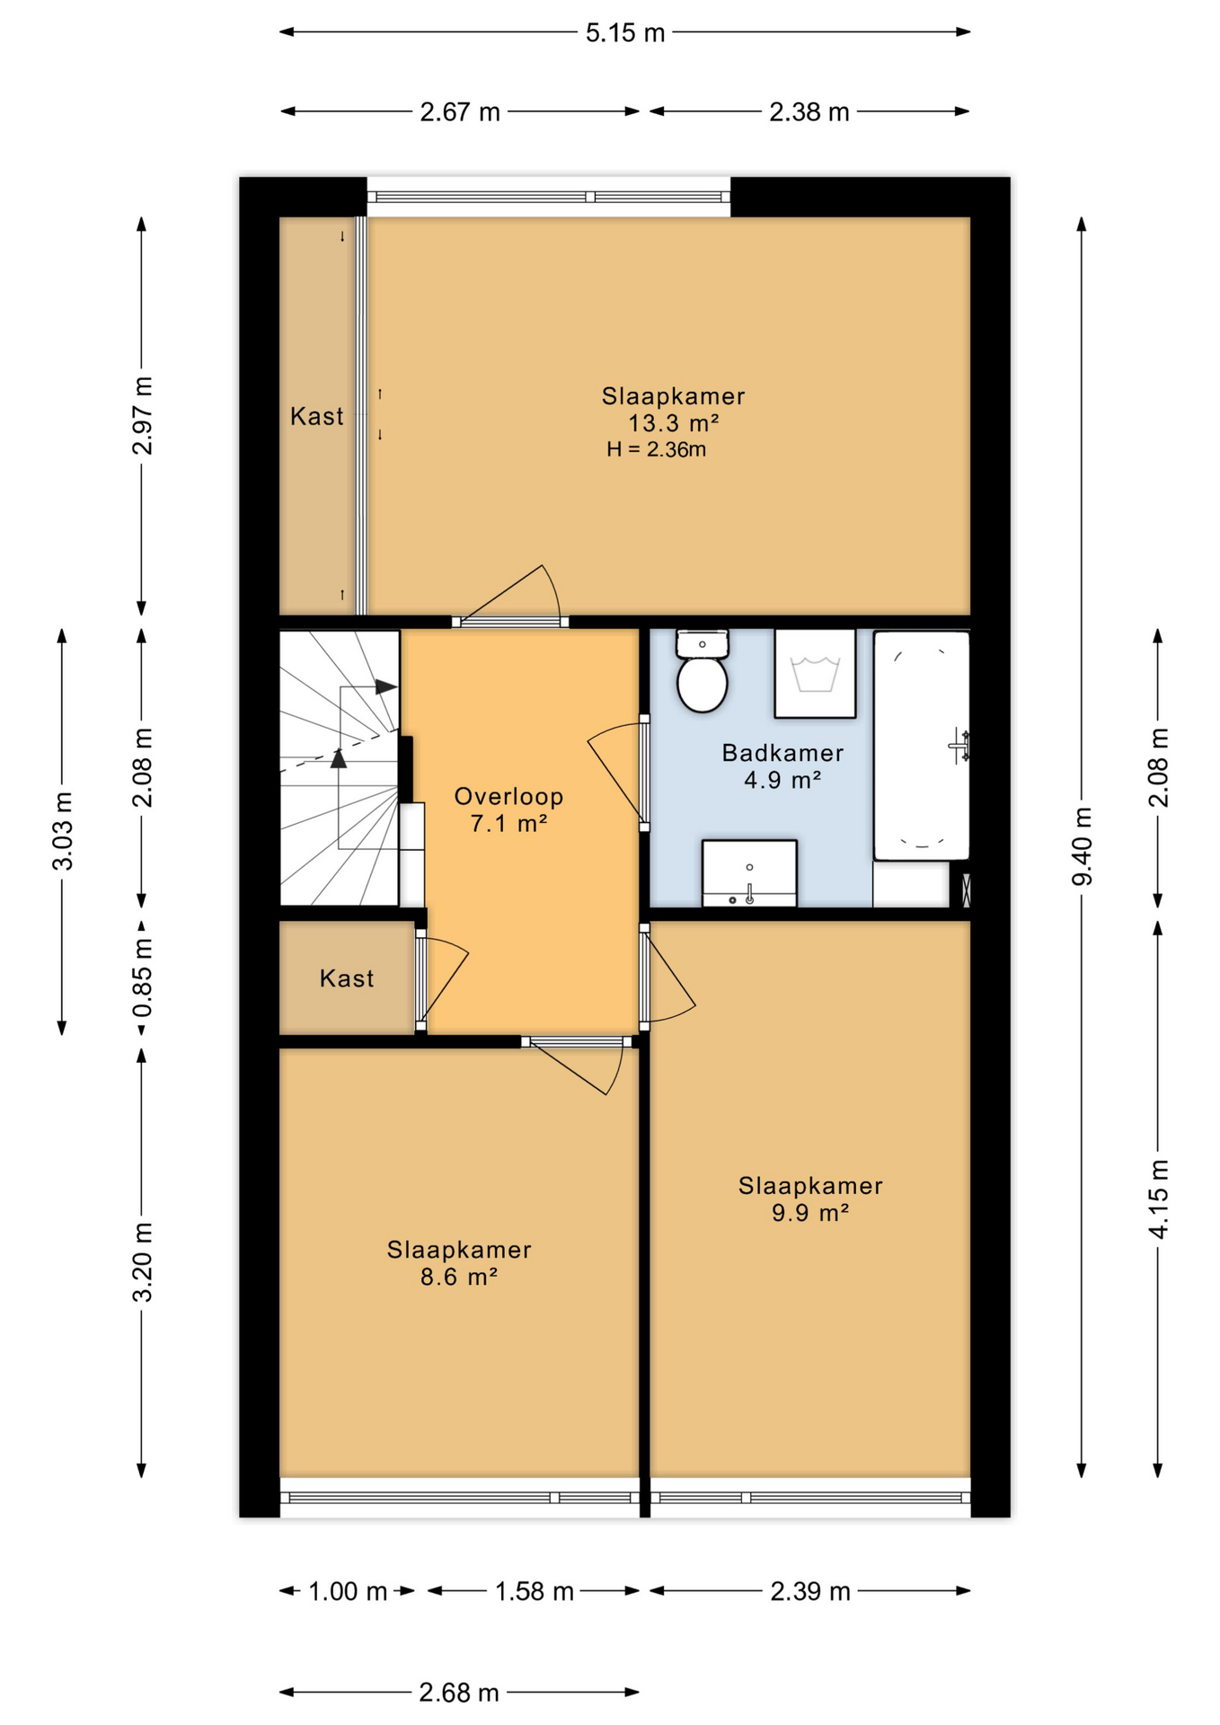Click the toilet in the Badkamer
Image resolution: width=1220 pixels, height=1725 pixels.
(x=702, y=671)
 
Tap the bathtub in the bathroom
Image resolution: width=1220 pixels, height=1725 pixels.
(x=922, y=745)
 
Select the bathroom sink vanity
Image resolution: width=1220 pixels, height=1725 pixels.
(x=749, y=873)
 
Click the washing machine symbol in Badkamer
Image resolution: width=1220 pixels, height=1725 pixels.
(x=815, y=673)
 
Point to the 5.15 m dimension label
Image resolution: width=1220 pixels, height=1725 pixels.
(x=625, y=33)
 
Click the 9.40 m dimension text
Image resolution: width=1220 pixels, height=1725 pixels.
(x=1083, y=846)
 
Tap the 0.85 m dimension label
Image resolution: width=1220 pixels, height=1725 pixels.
(x=142, y=977)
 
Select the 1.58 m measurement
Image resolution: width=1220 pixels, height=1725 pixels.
(x=535, y=1591)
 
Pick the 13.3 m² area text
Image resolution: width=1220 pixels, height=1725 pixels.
(x=673, y=423)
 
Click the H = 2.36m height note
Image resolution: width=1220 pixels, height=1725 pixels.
(x=656, y=449)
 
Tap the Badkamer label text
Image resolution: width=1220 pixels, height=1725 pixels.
(x=782, y=753)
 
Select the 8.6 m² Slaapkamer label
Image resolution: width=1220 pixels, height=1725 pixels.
(x=459, y=1262)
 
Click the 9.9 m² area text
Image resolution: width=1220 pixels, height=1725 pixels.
(x=810, y=1213)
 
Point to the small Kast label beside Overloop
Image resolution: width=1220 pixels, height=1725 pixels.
(x=347, y=978)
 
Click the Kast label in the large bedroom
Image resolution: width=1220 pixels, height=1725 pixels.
(x=316, y=416)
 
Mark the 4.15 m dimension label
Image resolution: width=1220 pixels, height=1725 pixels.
(x=1159, y=1199)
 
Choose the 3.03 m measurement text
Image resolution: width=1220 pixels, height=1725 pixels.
(x=63, y=831)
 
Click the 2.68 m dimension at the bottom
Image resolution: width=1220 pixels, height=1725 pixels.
(x=459, y=1693)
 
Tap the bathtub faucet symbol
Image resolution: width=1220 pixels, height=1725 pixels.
(x=960, y=746)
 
